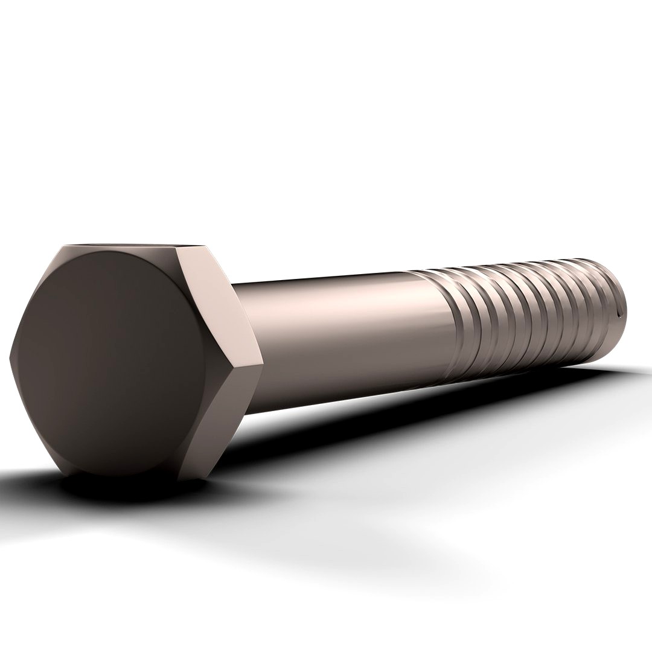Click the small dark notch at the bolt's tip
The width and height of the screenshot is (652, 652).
point(621,314)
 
